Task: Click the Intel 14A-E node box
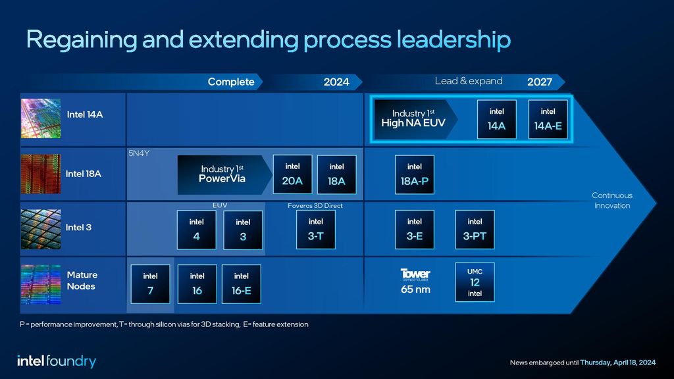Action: tap(548, 119)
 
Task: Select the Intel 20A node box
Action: tap(292, 174)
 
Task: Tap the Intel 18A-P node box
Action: tap(415, 174)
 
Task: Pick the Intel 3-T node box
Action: tap(316, 230)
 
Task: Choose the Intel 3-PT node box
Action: tap(475, 230)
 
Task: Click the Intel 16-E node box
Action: tap(242, 284)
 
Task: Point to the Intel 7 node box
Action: tap(150, 284)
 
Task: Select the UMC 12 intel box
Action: tap(475, 282)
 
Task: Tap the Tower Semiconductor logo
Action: tap(415, 274)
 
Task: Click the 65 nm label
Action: tap(415, 289)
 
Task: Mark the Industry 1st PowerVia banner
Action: tap(224, 174)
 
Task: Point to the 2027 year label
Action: tap(539, 82)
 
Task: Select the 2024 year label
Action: tap(336, 82)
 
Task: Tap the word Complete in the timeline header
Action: tap(231, 82)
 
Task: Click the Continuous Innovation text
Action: tap(611, 201)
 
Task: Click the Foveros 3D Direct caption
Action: tap(315, 206)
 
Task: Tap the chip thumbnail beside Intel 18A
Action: tap(41, 174)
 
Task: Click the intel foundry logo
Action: tap(57, 361)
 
